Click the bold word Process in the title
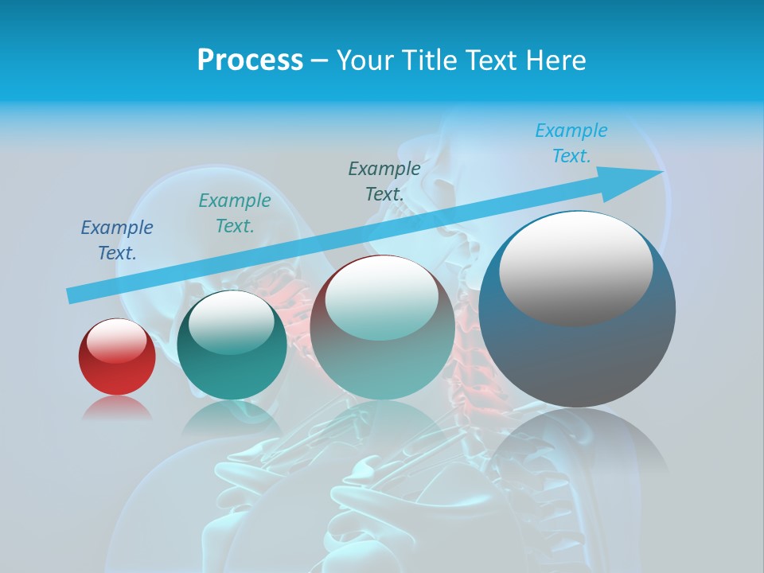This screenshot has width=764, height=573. [x=250, y=60]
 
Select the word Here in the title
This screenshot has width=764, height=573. [x=556, y=60]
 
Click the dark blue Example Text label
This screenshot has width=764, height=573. [x=117, y=240]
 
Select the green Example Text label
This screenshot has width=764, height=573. [x=235, y=213]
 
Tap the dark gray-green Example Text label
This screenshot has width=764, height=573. [x=384, y=181]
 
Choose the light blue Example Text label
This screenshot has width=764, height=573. [x=571, y=143]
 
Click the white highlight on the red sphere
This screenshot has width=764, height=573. [x=117, y=341]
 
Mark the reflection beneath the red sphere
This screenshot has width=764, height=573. [x=117, y=407]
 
